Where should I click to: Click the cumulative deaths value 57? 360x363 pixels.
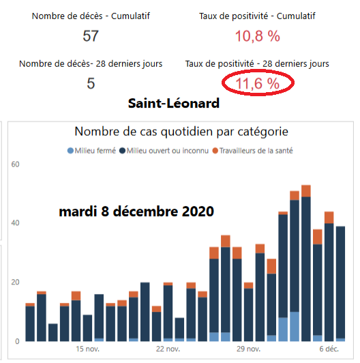(x=91, y=36)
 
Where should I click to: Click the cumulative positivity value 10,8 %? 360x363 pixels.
(x=258, y=36)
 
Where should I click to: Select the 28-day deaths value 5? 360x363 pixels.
(x=91, y=84)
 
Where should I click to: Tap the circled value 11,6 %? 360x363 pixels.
(x=258, y=84)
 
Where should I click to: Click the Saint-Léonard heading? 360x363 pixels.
(x=173, y=104)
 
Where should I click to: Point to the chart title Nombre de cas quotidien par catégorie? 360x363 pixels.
(x=180, y=131)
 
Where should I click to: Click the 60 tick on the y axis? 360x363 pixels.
(x=16, y=164)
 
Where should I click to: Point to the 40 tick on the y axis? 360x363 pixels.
(x=16, y=223)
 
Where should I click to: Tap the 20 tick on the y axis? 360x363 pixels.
(x=16, y=282)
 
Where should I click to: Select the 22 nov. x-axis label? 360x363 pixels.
(x=168, y=349)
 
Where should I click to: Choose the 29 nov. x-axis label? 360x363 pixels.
(x=247, y=349)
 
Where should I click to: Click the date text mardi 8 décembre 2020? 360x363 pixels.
(x=137, y=212)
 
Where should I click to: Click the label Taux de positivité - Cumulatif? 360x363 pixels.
(x=258, y=16)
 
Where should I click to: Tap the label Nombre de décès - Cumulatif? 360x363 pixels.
(x=91, y=16)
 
